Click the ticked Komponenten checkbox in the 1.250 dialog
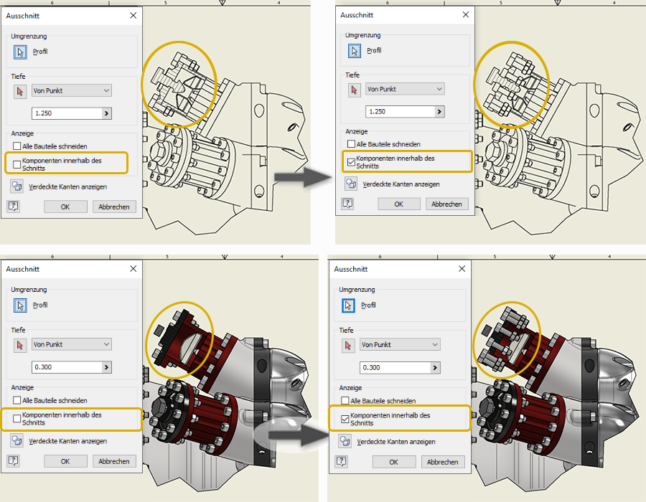tap(351, 162)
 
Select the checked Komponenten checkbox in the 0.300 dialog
tap(345, 420)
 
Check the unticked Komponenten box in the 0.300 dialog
tap(17, 419)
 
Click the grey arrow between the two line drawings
tap(303, 177)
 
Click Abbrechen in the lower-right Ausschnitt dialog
tap(442, 462)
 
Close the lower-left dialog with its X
tap(133, 269)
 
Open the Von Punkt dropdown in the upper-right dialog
tap(405, 89)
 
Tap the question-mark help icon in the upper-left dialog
tap(14, 206)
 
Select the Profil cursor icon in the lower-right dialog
tap(348, 306)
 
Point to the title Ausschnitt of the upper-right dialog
tap(357, 15)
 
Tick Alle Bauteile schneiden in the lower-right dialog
tap(345, 401)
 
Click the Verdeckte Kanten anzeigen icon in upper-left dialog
tap(17, 186)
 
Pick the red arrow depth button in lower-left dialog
tap(20, 345)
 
